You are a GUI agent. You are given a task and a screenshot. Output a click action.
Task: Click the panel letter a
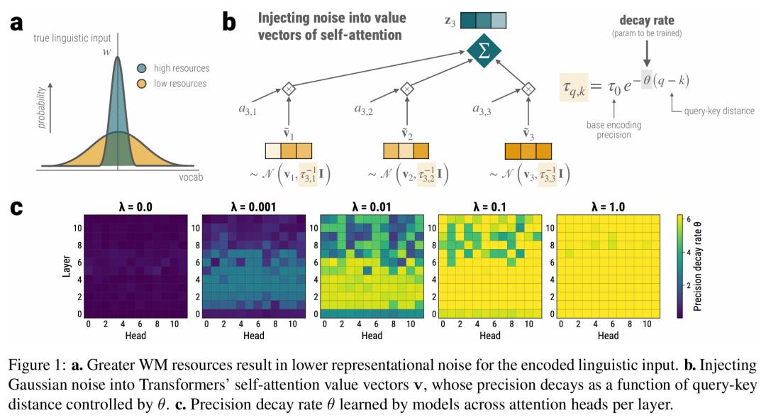16,23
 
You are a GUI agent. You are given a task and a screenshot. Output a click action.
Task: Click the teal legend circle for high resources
142,68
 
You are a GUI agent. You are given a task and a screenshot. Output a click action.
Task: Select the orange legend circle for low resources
142,84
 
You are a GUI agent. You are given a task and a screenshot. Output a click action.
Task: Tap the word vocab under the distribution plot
191,177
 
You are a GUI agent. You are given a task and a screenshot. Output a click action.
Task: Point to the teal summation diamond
484,51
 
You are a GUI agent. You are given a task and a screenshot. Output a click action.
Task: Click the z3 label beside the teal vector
450,21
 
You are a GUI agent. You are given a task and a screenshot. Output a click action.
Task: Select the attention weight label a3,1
248,110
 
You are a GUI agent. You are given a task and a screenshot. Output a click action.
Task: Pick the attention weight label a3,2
364,110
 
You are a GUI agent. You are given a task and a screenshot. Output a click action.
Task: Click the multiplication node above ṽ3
528,89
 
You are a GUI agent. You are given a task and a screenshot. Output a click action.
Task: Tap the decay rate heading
647,21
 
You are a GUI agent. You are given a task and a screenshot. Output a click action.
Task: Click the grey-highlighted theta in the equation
647,79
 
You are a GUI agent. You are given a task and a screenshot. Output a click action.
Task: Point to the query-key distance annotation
719,111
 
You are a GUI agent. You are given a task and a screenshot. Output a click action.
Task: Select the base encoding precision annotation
614,130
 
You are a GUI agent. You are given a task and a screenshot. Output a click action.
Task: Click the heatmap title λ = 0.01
371,207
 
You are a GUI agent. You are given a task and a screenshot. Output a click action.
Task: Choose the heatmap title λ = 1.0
608,207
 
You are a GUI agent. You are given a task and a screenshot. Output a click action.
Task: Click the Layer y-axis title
67,266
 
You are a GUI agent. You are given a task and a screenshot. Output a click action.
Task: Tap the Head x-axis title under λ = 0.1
489,336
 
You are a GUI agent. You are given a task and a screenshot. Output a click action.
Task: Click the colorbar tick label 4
689,253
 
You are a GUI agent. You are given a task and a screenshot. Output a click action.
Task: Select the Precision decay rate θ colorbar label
698,266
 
